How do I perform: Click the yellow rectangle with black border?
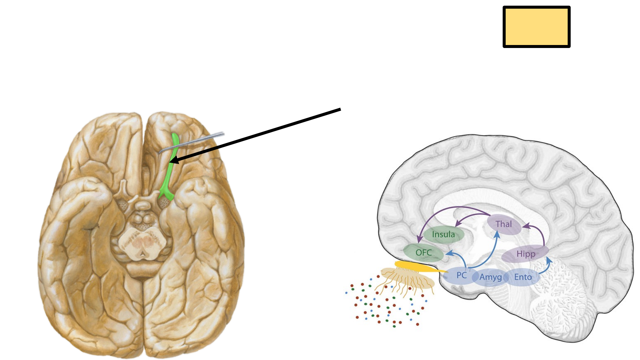pos(536,27)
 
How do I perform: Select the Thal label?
pos(504,224)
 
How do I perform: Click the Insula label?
pos(443,235)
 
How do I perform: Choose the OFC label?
pos(424,253)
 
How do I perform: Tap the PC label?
pos(461,276)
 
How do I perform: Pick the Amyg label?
pos(490,277)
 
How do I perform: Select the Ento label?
pos(523,277)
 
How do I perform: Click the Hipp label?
pos(526,254)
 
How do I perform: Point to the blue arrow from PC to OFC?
pos(458,257)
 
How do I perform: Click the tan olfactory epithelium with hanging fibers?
pos(407,278)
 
